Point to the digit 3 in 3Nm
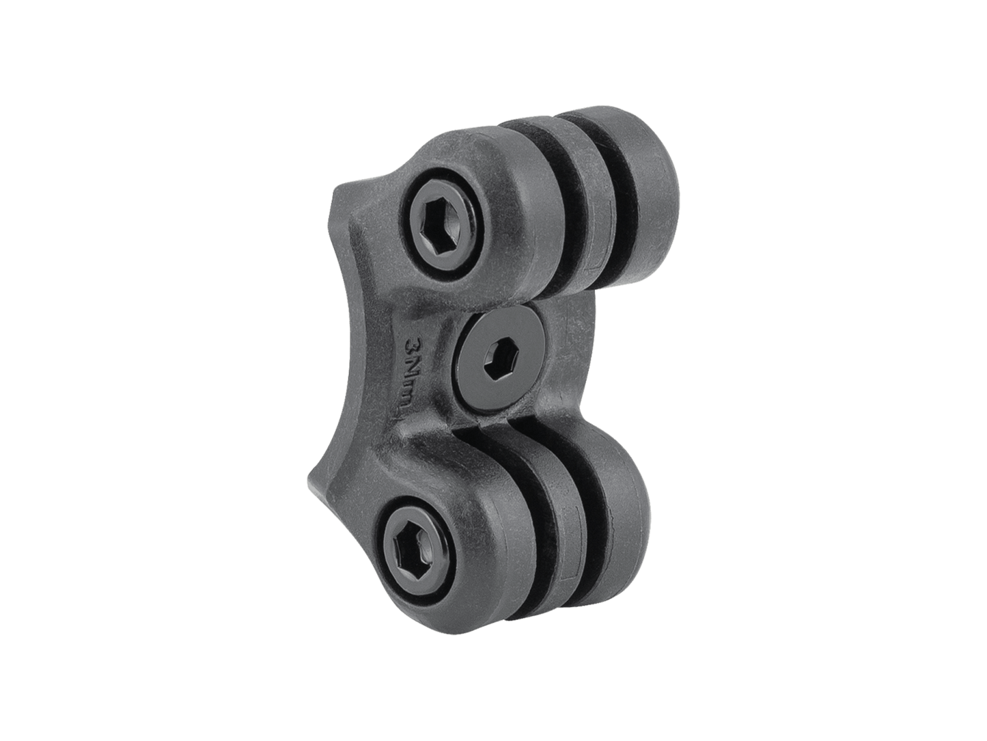click(413, 342)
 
